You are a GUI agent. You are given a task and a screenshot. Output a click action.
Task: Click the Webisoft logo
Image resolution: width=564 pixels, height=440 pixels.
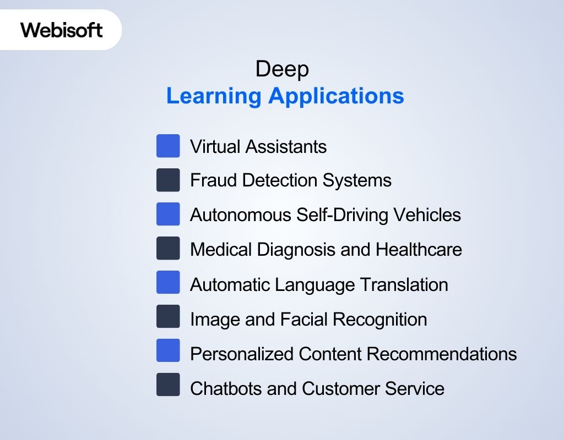(62, 29)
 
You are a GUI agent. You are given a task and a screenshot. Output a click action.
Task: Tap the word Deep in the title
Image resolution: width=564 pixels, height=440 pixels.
(282, 69)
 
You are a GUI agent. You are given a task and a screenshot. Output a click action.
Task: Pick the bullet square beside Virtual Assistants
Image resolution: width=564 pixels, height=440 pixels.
(168, 146)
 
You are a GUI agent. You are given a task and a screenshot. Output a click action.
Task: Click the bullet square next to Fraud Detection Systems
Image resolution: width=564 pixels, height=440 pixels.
(168, 180)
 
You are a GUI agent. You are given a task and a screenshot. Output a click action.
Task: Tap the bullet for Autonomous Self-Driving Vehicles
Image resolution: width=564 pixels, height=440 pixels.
(168, 215)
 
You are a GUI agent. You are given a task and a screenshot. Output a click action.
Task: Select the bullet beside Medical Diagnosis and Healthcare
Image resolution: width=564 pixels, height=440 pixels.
(168, 249)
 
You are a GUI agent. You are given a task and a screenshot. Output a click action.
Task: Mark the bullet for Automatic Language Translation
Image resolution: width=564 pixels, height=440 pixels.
(168, 283)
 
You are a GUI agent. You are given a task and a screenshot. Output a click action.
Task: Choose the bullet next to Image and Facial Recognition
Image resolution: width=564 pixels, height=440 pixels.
(168, 317)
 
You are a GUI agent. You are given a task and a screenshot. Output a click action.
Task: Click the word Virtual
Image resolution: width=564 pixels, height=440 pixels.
(215, 147)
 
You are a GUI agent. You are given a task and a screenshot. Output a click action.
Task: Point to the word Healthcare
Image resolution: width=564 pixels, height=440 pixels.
(419, 250)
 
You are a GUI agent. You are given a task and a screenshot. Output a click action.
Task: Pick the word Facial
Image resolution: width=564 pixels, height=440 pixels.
(306, 319)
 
